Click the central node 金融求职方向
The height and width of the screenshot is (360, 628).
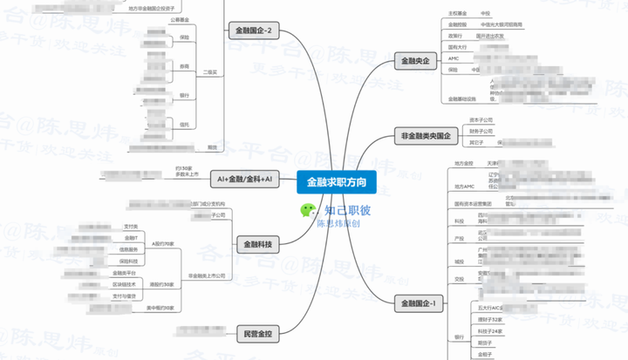[x=336, y=182]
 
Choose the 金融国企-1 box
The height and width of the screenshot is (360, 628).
[x=420, y=303]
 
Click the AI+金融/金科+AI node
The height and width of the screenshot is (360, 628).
[x=244, y=179]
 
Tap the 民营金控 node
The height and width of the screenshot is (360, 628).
[x=256, y=332]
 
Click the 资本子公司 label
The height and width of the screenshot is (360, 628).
[x=481, y=119]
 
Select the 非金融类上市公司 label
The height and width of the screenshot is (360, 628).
[x=207, y=275]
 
